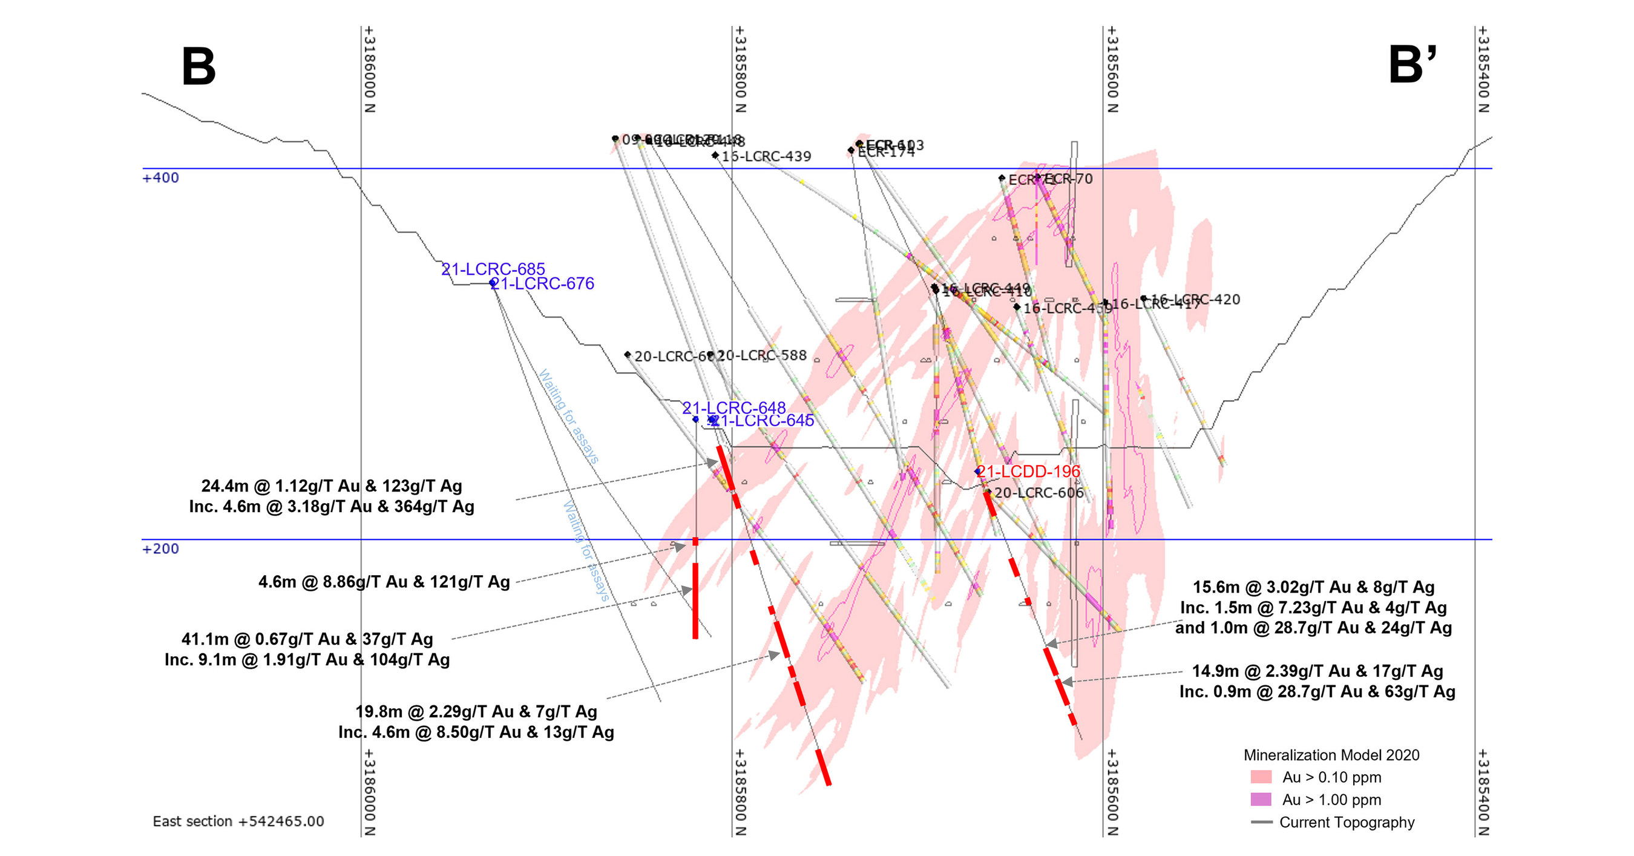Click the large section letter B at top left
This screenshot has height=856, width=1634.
click(x=199, y=67)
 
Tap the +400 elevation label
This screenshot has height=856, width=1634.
click(x=160, y=177)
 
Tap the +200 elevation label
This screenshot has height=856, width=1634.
click(x=160, y=549)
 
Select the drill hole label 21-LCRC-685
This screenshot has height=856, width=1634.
click(x=493, y=269)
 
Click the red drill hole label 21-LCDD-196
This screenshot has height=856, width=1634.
click(x=1028, y=472)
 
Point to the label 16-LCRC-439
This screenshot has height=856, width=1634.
click(x=766, y=156)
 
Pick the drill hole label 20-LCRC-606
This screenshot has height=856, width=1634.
click(x=1038, y=492)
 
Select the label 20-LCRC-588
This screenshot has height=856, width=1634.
click(x=761, y=355)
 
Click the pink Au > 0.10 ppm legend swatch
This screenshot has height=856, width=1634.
click(x=1261, y=777)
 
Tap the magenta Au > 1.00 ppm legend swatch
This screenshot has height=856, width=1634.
click(x=1261, y=800)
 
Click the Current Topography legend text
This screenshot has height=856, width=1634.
click(x=1347, y=822)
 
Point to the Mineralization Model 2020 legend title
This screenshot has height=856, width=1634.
click(x=1331, y=755)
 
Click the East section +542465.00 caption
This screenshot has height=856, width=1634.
click(x=238, y=821)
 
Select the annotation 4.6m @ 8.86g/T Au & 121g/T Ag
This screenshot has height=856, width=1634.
click(x=384, y=582)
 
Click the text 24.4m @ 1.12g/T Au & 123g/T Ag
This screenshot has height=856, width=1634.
click(x=332, y=486)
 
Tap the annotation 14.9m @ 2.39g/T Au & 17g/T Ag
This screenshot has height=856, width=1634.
click(x=1317, y=671)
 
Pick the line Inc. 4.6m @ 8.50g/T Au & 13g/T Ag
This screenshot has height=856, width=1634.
click(x=476, y=733)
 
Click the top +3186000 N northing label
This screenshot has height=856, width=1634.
click(x=369, y=70)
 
